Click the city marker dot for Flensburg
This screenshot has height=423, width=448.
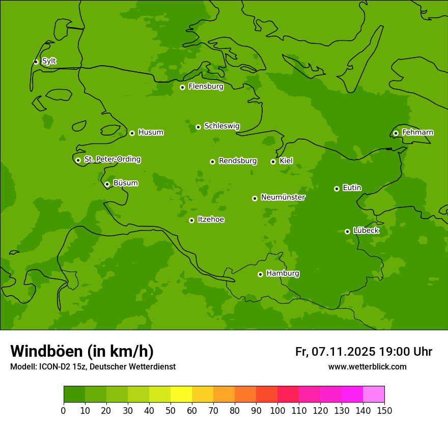[x=182, y=87]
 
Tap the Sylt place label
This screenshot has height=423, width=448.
[x=49, y=61]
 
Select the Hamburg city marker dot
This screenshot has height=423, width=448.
[x=260, y=274]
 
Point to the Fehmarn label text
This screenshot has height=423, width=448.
[x=417, y=133]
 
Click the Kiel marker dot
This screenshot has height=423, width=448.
[x=273, y=162]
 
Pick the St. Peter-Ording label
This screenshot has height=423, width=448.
[x=112, y=159]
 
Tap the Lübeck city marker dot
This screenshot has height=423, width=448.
[x=347, y=231]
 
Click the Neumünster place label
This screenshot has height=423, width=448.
[x=283, y=197]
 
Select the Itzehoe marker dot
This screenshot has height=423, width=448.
[x=191, y=220]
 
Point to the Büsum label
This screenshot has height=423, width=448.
[x=125, y=183]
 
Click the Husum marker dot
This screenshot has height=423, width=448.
[x=132, y=133]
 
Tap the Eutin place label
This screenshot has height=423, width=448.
[x=352, y=188]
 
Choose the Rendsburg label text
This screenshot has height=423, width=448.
[x=238, y=161]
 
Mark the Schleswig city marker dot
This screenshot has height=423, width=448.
[x=198, y=127]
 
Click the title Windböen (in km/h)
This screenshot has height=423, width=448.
[x=82, y=351]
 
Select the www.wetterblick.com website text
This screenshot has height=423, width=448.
[x=367, y=367]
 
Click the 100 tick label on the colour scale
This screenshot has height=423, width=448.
[x=277, y=410]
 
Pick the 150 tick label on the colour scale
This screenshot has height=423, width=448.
[x=384, y=410]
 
